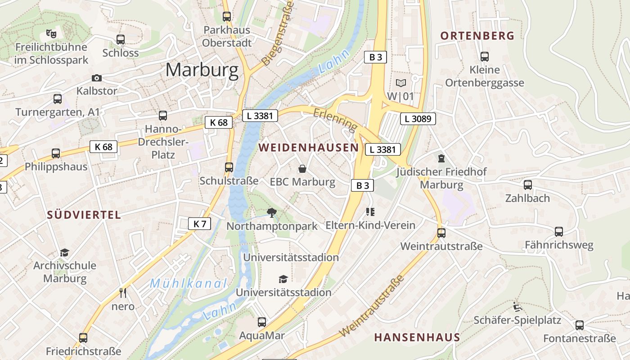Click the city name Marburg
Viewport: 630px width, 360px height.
click(x=202, y=70)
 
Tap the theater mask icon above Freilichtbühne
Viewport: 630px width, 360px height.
click(x=51, y=33)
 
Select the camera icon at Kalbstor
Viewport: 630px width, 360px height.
click(x=96, y=78)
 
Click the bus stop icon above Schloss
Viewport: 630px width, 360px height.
click(x=120, y=40)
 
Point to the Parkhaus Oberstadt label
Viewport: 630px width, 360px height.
click(x=227, y=36)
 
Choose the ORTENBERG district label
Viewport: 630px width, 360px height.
click(x=477, y=36)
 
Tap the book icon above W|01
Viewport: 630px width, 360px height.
click(x=400, y=83)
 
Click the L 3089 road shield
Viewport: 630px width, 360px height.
click(x=418, y=119)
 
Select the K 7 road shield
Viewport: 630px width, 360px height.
click(x=199, y=223)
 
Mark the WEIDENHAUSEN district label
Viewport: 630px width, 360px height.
click(x=309, y=148)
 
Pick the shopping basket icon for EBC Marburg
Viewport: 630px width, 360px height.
click(x=302, y=169)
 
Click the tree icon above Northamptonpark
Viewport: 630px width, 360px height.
click(x=271, y=212)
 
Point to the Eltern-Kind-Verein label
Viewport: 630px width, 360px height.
click(x=370, y=225)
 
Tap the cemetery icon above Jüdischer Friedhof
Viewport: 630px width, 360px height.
click(x=441, y=158)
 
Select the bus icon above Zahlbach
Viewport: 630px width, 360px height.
click(x=527, y=185)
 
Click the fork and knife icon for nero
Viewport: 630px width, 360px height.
click(x=123, y=293)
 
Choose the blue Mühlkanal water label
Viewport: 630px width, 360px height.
click(x=189, y=283)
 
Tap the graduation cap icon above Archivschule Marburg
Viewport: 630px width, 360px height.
click(x=65, y=252)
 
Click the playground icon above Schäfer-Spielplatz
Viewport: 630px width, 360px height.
click(x=517, y=307)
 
